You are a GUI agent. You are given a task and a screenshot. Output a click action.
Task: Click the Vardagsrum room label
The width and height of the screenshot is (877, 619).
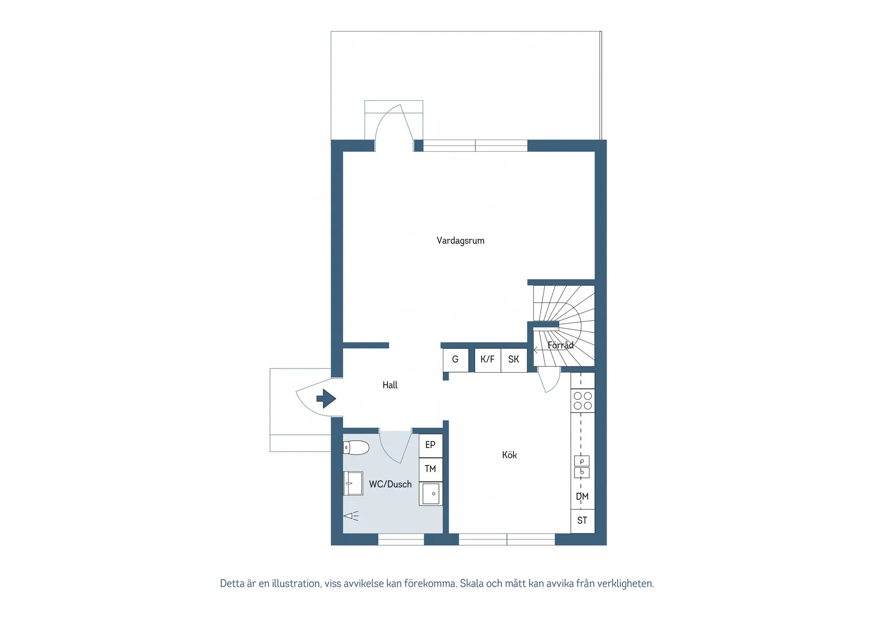point(460,240)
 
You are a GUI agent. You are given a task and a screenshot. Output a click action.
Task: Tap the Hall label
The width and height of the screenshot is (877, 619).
point(390,385)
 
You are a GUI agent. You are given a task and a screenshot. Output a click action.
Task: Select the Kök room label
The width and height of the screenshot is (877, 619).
point(509,455)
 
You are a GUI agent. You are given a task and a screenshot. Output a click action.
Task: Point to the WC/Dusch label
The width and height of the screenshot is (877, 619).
point(390,484)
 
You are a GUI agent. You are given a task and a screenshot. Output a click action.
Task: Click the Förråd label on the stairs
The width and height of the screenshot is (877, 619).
point(560,345)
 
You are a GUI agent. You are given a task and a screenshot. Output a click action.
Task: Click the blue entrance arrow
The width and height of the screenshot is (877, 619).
point(326,398)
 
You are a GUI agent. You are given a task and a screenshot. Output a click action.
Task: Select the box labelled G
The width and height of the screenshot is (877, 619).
point(456,359)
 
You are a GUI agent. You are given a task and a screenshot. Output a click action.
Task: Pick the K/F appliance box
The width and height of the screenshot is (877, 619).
point(487,359)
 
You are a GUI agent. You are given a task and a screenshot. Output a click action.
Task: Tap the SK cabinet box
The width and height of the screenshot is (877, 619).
point(513,359)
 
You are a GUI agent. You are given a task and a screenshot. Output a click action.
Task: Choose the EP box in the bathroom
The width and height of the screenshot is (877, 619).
point(431,445)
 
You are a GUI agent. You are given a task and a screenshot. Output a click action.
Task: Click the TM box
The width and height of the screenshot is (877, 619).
point(431,469)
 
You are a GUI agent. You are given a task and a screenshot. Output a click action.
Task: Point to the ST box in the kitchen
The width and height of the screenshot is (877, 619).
point(583,521)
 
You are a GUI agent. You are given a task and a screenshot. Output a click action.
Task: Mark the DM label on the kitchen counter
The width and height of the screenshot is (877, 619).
point(583,497)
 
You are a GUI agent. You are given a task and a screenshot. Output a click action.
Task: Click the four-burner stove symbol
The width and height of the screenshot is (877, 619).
point(583,401)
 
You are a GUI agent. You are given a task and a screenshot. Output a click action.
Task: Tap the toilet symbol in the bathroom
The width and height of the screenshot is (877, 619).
point(356,448)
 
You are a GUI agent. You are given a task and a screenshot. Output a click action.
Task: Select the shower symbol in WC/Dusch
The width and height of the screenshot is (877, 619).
point(351,515)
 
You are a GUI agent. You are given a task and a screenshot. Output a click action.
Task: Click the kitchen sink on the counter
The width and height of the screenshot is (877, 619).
point(581,467)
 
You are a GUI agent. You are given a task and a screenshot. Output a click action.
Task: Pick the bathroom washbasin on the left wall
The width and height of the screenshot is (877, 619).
point(353,483)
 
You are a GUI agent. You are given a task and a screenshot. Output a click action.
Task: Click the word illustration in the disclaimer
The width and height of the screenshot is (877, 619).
point(296,583)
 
